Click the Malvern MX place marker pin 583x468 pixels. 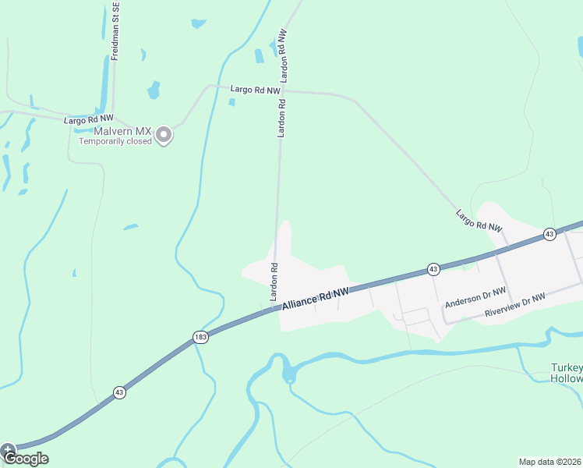pyautogui.click(x=164, y=136)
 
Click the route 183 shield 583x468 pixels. pyautogui.click(x=200, y=337)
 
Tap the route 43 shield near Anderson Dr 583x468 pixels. pyautogui.click(x=433, y=269)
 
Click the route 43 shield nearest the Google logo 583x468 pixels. pyautogui.click(x=119, y=393)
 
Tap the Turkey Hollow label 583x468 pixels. pyautogui.click(x=566, y=373)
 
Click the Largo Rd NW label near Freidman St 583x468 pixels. pyautogui.click(x=88, y=119)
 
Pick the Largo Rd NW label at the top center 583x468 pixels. pyautogui.click(x=255, y=90)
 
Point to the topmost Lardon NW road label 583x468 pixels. pyautogui.click(x=284, y=56)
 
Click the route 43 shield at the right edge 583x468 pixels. pyautogui.click(x=549, y=234)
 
